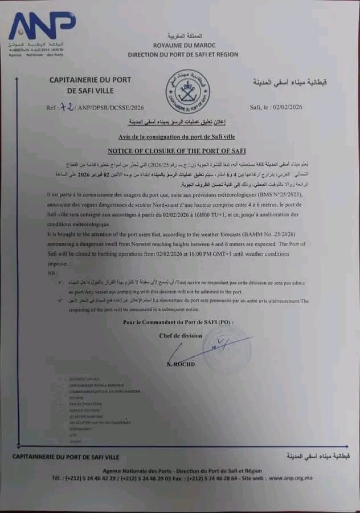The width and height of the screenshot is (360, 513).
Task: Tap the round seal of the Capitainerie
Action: click(x=187, y=91)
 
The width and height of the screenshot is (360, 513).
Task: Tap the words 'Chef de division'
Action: click(x=181, y=336)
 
